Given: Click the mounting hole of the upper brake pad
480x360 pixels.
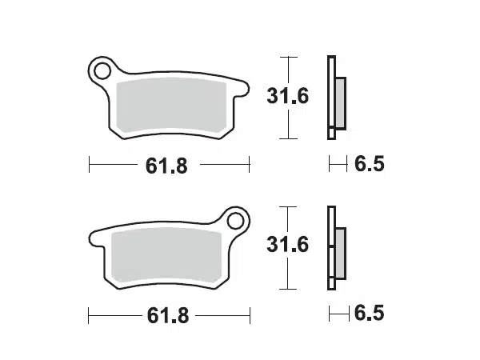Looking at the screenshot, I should coord(102,70).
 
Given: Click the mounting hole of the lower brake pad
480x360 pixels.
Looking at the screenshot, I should coord(236,218).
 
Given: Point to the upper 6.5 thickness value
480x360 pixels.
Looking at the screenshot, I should coord(369,165).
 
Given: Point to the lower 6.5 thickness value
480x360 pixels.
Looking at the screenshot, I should coord(369,313).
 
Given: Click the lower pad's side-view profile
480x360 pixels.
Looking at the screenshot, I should coord(332,247).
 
